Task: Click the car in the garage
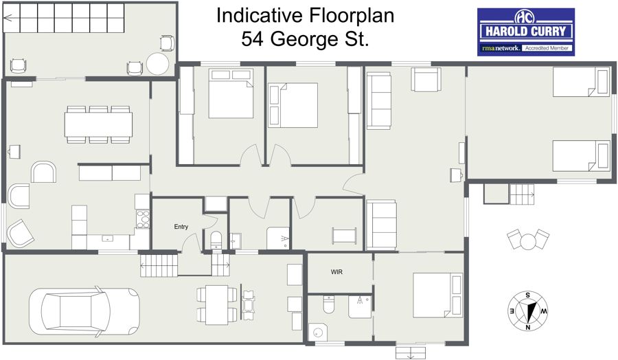coord(84,311)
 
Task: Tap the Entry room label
coord(181,227)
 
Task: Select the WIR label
coord(336,272)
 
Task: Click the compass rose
coord(527,311)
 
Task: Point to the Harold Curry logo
coord(526,32)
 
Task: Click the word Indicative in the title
coord(260,16)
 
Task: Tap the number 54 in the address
coord(253,39)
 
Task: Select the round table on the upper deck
coord(158,63)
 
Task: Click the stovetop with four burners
coord(143,219)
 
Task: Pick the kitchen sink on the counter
coord(107,238)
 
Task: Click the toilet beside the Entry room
coord(216,239)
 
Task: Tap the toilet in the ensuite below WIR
coord(329,305)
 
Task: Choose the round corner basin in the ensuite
coord(318,332)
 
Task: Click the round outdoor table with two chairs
coord(527,240)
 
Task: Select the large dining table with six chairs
coord(98,124)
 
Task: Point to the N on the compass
coord(528,327)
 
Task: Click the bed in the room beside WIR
coord(438,295)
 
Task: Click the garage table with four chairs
coord(217,304)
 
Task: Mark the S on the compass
coord(528,295)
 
